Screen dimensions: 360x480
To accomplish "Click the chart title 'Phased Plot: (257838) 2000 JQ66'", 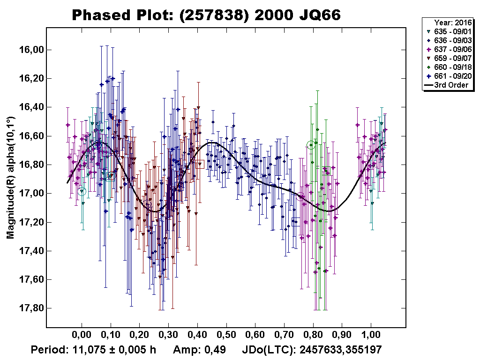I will click(x=206, y=15).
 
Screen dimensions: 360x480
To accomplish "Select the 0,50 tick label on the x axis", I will click(x=226, y=336).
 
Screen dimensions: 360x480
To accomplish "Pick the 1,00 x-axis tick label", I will click(x=371, y=336).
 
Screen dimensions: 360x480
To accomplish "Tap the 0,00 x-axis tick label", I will click(x=82, y=336).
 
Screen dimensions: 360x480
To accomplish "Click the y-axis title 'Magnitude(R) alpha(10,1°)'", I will click(x=10, y=178).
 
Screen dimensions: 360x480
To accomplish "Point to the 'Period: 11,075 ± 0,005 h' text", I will click(x=93, y=350).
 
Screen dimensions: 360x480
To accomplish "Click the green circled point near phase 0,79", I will click(x=310, y=145).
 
